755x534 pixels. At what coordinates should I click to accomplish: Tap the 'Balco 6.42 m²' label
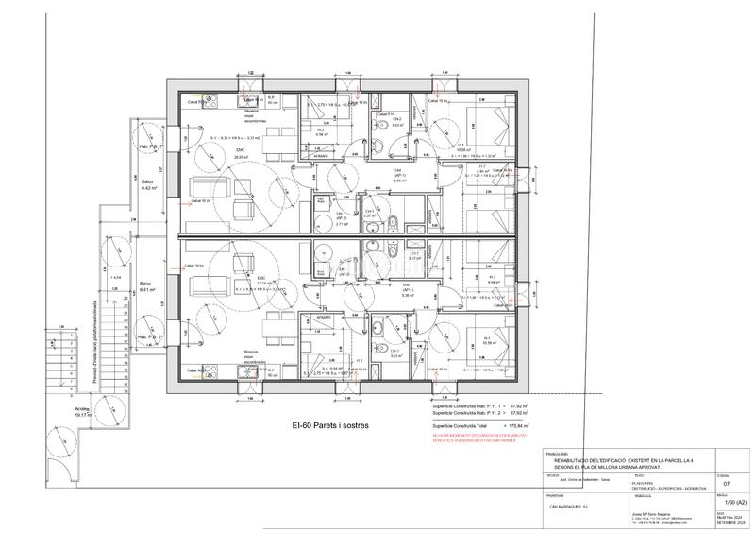148,185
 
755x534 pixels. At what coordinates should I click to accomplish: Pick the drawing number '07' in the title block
725,483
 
